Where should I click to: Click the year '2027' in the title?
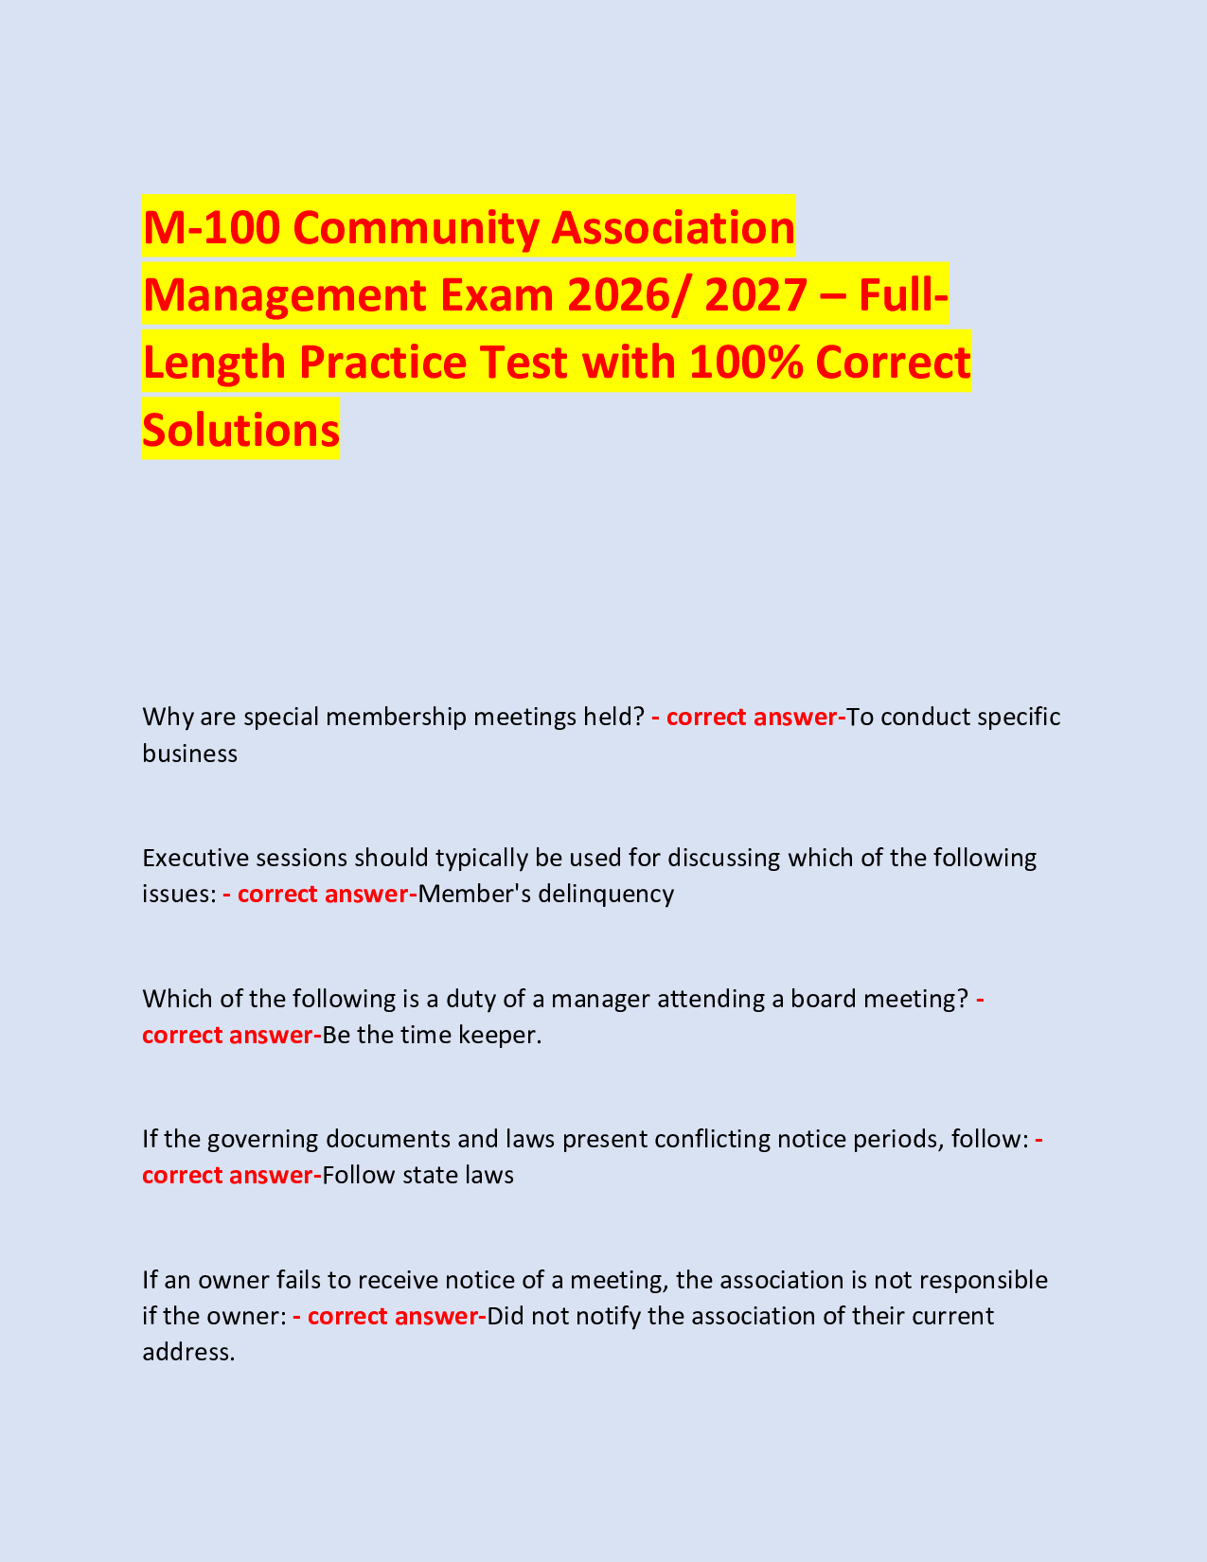coord(761,294)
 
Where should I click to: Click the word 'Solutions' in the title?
coord(240,430)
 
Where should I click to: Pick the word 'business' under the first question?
coord(189,754)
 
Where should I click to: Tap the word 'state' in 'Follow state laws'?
coord(429,1176)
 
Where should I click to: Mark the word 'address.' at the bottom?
coord(187,1353)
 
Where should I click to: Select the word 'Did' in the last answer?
coord(505,1316)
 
